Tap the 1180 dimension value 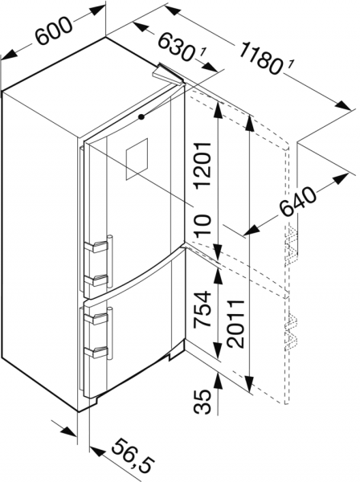pyautogui.click(x=259, y=58)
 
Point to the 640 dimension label pyautogui.click(x=297, y=202)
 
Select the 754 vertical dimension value pyautogui.click(x=203, y=309)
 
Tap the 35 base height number pyautogui.click(x=203, y=402)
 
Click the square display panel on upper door pyautogui.click(x=136, y=159)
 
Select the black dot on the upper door pyautogui.click(x=141, y=116)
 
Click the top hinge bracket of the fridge pyautogui.click(x=168, y=73)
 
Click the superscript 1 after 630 pyautogui.click(x=202, y=53)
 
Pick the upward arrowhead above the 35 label pyautogui.click(x=219, y=381)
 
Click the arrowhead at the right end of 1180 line pyautogui.click(x=343, y=105)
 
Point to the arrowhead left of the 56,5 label pyautogui.click(x=96, y=451)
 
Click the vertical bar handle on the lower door pyautogui.click(x=110, y=333)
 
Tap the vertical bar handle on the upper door pyautogui.click(x=110, y=261)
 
